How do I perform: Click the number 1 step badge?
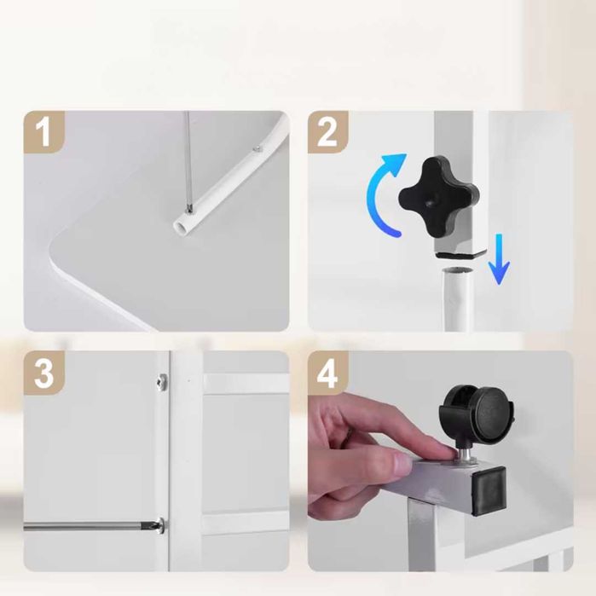[43, 132]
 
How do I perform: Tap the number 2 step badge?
[327, 132]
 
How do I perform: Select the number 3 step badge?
[43, 373]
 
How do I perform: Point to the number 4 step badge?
[327, 373]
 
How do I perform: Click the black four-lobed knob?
[438, 196]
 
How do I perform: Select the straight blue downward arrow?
[499, 259]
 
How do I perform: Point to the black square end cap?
[489, 491]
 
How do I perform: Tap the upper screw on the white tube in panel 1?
[258, 148]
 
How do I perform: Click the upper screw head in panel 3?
[162, 380]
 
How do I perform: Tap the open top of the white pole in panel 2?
[457, 271]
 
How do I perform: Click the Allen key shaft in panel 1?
[188, 159]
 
